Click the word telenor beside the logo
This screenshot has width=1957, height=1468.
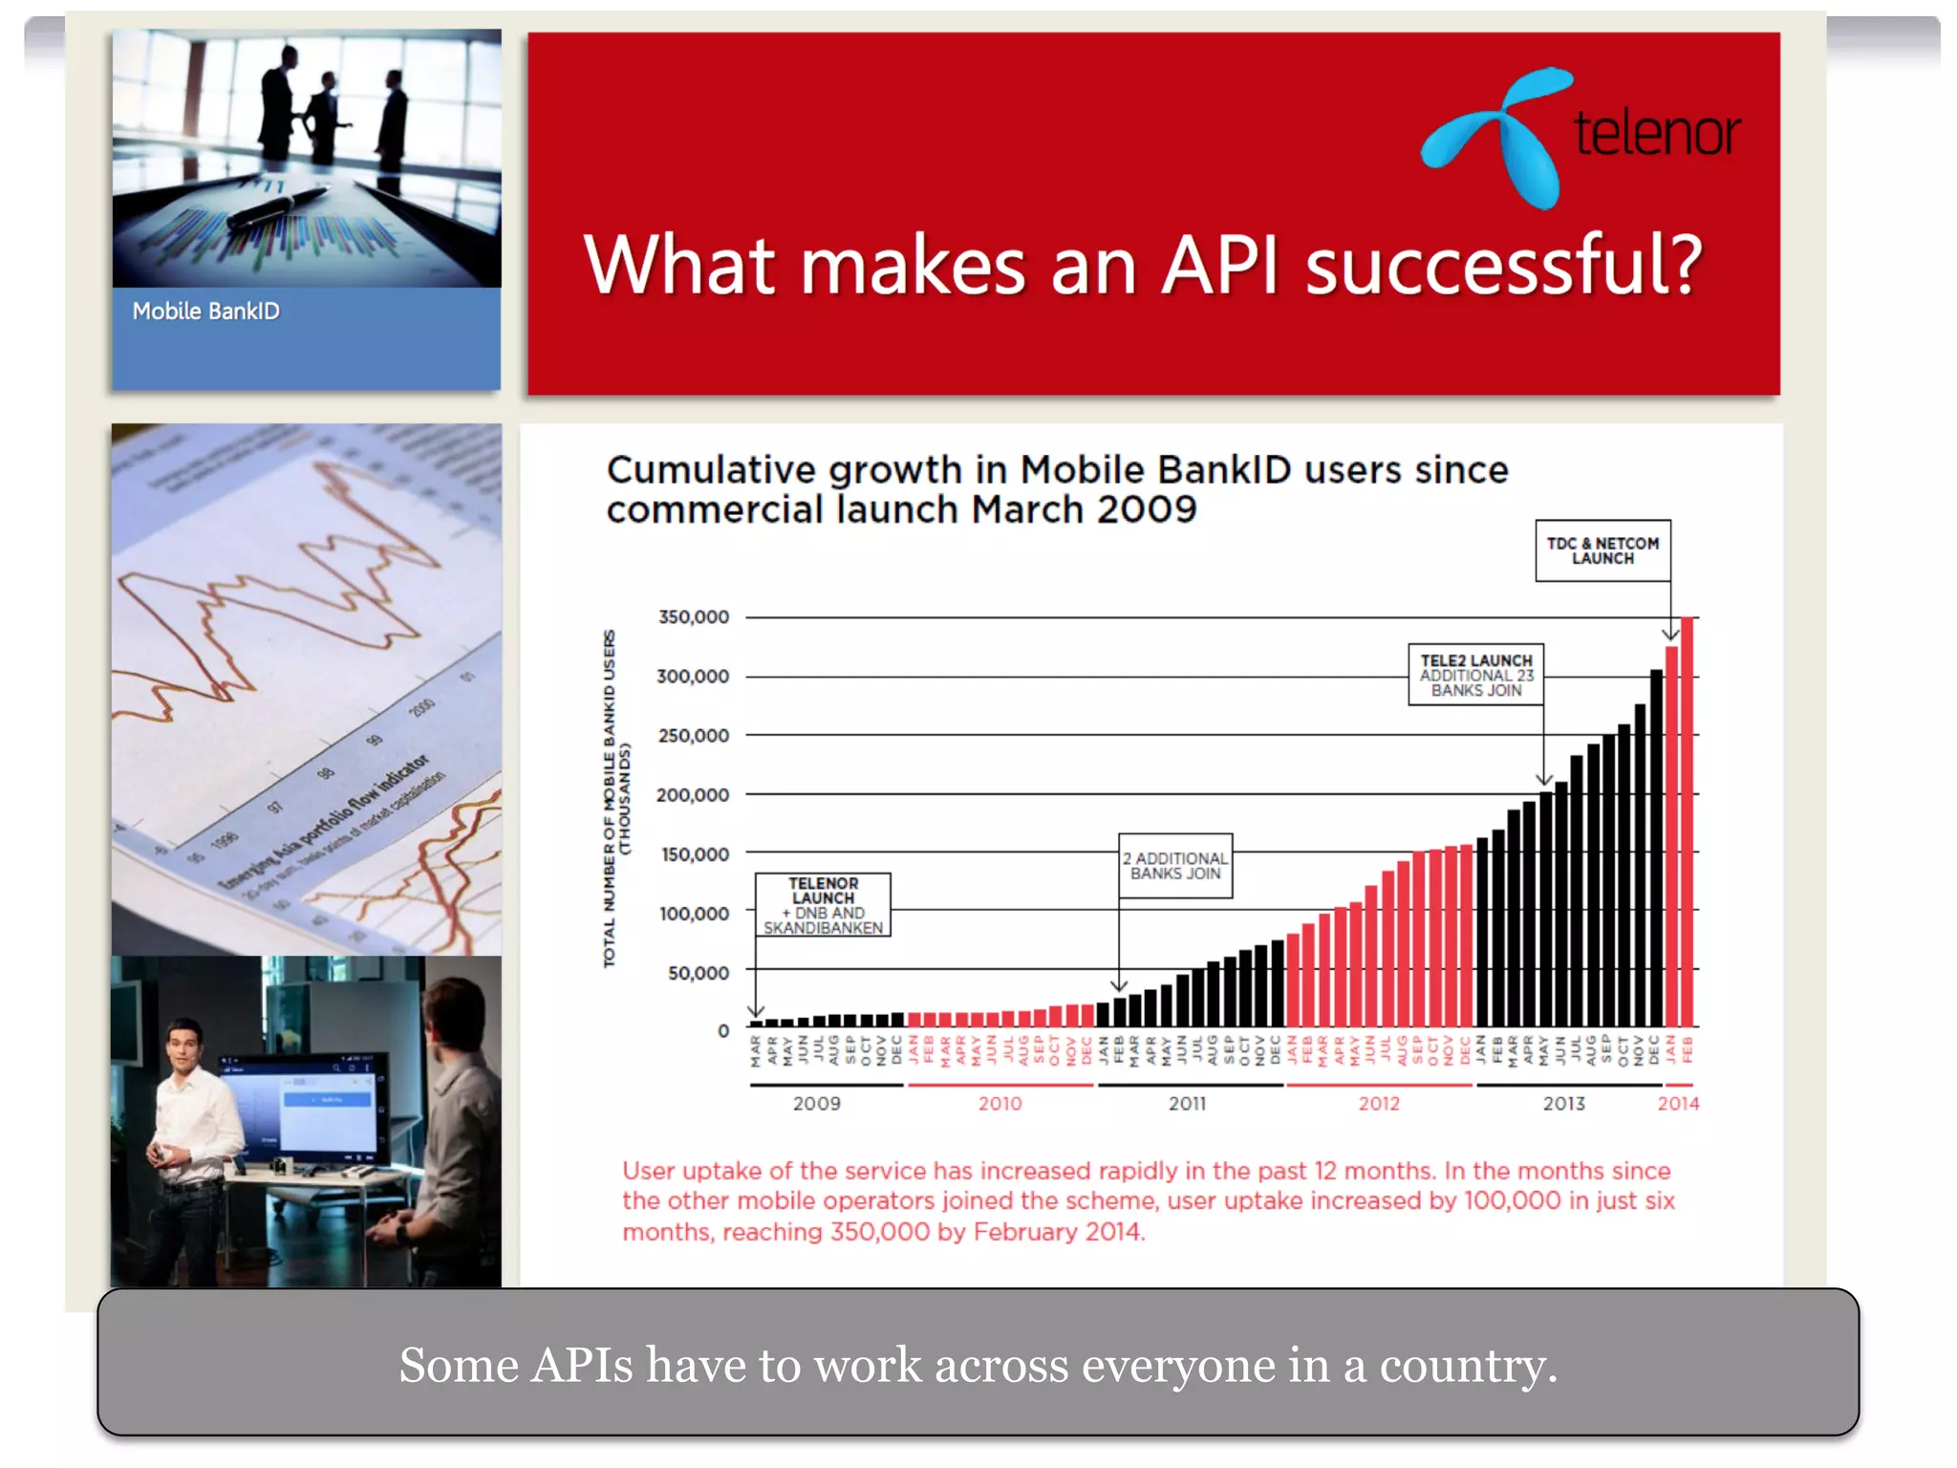pos(1657,133)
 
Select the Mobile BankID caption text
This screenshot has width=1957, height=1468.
pos(205,312)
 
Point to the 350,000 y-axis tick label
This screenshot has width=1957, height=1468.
pos(693,617)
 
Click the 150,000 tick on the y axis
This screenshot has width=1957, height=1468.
pos(694,854)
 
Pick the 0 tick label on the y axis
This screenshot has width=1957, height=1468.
pos(723,1031)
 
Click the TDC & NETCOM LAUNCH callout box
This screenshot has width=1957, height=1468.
pos(1602,550)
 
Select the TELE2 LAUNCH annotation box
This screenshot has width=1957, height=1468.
pos(1475,675)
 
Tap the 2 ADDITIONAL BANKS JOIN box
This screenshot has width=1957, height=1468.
pos(1175,866)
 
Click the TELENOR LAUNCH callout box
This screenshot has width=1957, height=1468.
pos(823,904)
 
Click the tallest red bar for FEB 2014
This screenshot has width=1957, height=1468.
pos(1687,822)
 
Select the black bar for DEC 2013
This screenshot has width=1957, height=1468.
pos(1656,848)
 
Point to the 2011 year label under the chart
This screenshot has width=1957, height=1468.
pos(1187,1104)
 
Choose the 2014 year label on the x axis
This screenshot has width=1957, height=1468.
pos(1678,1104)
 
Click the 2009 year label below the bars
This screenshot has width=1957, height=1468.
pos(817,1104)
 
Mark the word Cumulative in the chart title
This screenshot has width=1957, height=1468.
pos(710,470)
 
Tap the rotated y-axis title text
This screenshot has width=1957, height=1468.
pos(615,798)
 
